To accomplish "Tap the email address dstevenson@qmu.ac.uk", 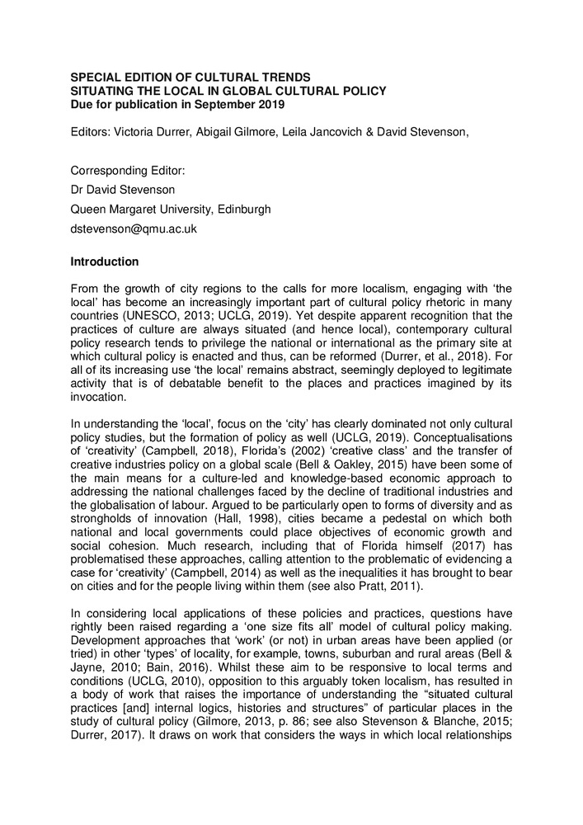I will tap(134, 229).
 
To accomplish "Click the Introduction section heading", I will tap(104, 262).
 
